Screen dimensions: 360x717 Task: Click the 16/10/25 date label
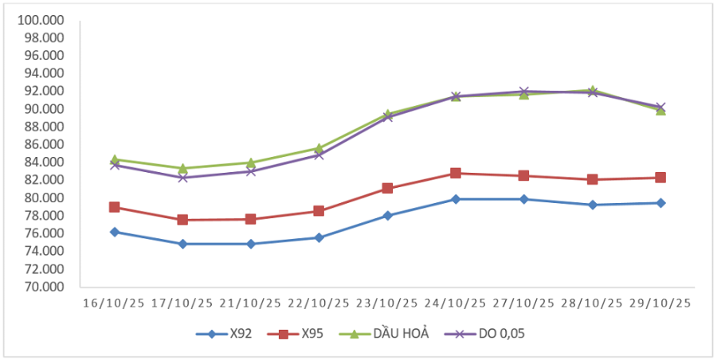pyautogui.click(x=115, y=303)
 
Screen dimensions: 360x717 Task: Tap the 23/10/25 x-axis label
pyautogui.click(x=387, y=303)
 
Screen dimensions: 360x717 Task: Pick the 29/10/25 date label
pyautogui.click(x=660, y=303)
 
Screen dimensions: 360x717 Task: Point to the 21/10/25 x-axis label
pyautogui.click(x=251, y=303)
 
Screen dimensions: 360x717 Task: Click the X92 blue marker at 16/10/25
pyautogui.click(x=115, y=232)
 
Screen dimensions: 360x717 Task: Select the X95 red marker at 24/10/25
pyautogui.click(x=456, y=173)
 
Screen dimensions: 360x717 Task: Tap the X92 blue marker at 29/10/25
pyautogui.click(x=660, y=203)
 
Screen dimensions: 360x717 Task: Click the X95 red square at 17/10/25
pyautogui.click(x=182, y=220)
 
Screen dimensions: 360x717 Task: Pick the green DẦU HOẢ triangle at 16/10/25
pyautogui.click(x=115, y=159)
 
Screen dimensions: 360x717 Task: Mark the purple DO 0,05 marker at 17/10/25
pyautogui.click(x=182, y=178)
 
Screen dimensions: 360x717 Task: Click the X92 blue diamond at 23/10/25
pyautogui.click(x=387, y=215)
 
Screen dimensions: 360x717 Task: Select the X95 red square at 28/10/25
pyautogui.click(x=592, y=179)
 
